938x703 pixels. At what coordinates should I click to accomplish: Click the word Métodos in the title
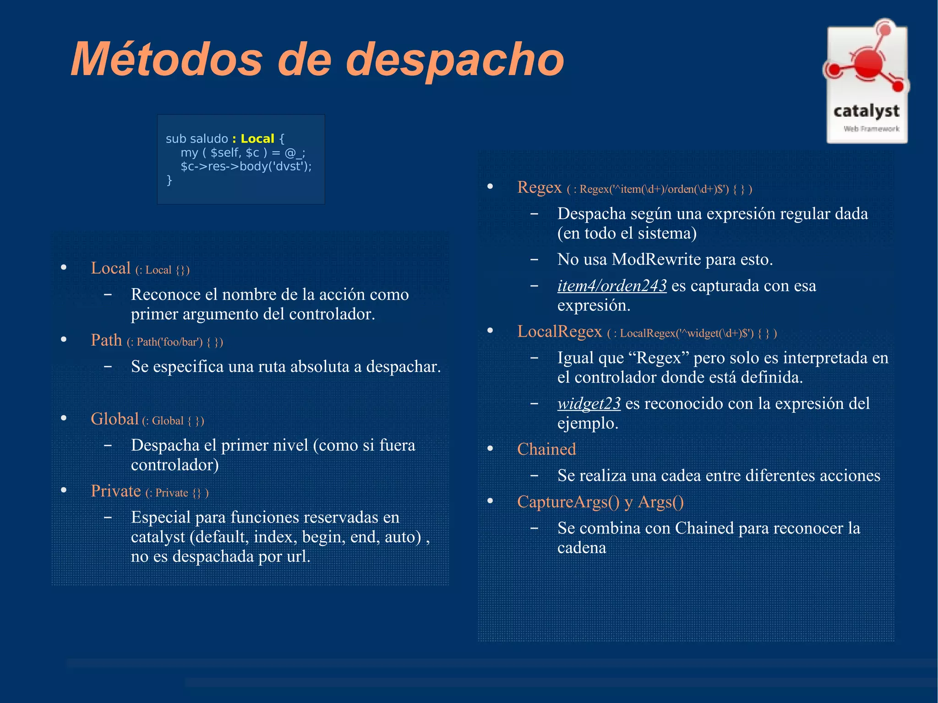pos(167,60)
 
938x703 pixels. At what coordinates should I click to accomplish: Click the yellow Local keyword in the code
pos(257,139)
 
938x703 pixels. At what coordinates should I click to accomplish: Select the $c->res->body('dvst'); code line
pos(246,166)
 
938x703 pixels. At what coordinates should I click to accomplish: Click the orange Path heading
pos(106,340)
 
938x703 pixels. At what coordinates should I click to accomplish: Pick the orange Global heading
pos(115,419)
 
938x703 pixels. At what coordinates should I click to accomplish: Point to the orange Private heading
pos(115,491)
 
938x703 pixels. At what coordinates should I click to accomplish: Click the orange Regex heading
pos(539,187)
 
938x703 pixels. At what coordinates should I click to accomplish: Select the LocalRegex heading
pos(559,332)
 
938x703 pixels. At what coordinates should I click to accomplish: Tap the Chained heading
pos(546,449)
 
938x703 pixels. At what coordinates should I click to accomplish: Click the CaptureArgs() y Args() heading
pos(600,502)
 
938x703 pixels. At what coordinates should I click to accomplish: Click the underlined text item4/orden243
pos(611,286)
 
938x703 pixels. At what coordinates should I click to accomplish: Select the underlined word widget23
pos(589,403)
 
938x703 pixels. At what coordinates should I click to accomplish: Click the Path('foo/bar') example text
pos(169,342)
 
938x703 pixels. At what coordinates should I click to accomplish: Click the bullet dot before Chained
pos(490,449)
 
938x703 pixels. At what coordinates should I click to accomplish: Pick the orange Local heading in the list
pos(110,268)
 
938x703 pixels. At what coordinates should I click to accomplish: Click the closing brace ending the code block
pos(169,180)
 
